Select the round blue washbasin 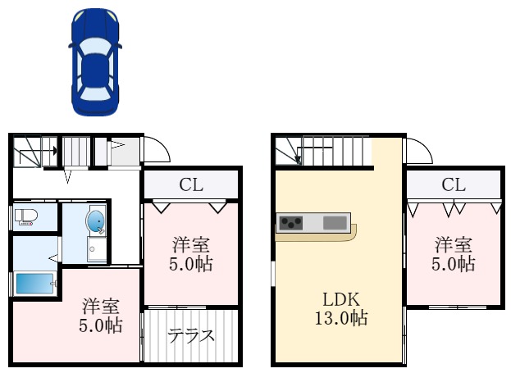pyautogui.click(x=96, y=221)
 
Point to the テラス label pyautogui.click(x=191, y=335)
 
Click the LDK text pyautogui.click(x=339, y=298)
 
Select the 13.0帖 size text pyautogui.click(x=339, y=318)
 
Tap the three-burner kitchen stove pyautogui.click(x=291, y=222)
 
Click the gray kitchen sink pyautogui.click(x=335, y=222)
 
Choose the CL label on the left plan pyautogui.click(x=192, y=184)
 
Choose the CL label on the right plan pyautogui.click(x=454, y=184)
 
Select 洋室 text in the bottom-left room pyautogui.click(x=102, y=307)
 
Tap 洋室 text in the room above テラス pyautogui.click(x=191, y=244)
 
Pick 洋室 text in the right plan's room pyautogui.click(x=454, y=244)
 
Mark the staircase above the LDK pyautogui.click(x=328, y=151)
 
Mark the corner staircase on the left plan pyautogui.click(x=33, y=152)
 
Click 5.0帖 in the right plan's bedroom pyautogui.click(x=454, y=264)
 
